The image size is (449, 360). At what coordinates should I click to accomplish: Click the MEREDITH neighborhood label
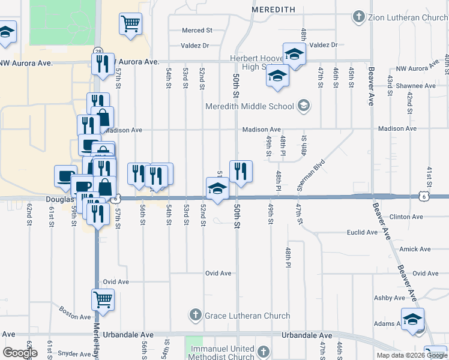click(x=273, y=10)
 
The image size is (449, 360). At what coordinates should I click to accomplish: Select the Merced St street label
click(x=197, y=29)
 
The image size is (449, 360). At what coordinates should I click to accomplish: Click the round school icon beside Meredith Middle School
click(x=304, y=106)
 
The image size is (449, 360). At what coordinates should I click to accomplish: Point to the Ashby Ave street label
click(x=390, y=298)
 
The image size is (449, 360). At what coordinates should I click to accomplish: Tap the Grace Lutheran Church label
click(x=247, y=315)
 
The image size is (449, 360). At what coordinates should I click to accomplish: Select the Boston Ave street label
click(x=74, y=313)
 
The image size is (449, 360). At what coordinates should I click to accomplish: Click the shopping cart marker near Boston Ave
click(x=103, y=299)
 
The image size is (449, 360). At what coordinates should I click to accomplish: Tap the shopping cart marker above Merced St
click(x=130, y=24)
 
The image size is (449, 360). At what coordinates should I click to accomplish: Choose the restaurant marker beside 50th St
click(x=241, y=170)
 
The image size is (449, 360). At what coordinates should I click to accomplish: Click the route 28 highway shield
click(x=97, y=51)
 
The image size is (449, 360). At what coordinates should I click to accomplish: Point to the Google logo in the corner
click(x=20, y=353)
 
